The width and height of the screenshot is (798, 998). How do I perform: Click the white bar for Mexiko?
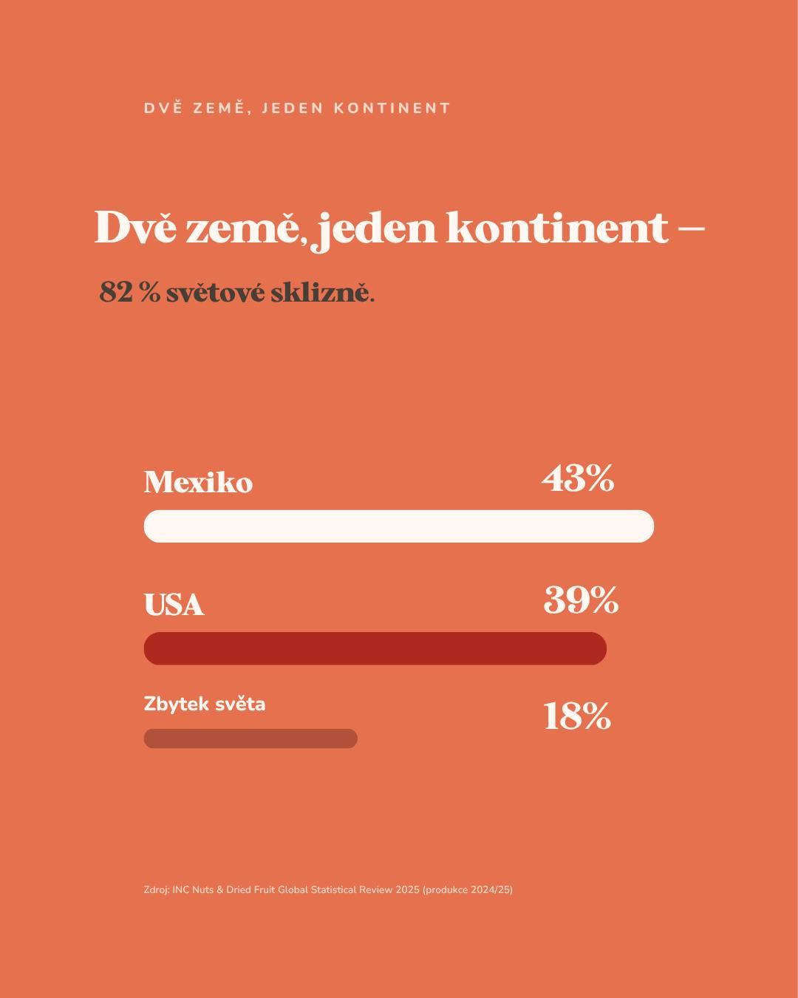click(x=399, y=526)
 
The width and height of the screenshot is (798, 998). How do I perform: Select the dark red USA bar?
click(x=375, y=648)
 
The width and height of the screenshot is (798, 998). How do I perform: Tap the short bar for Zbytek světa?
click(x=250, y=739)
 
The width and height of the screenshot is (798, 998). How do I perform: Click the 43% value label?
click(x=578, y=478)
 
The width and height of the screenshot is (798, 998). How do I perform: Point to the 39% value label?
click(x=581, y=600)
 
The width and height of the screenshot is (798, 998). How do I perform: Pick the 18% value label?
click(x=577, y=717)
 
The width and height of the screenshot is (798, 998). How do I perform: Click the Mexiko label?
click(x=199, y=482)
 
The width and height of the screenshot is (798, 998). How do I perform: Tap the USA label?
click(x=174, y=604)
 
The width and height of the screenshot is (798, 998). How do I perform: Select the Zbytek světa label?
click(x=205, y=704)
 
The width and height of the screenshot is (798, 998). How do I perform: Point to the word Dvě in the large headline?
click(x=135, y=227)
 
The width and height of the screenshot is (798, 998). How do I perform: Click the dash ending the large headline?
click(x=692, y=228)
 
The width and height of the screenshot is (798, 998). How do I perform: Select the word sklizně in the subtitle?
click(x=322, y=293)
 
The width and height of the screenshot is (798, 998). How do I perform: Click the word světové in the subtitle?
click(x=216, y=293)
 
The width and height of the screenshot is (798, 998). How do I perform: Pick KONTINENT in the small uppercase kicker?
click(x=392, y=108)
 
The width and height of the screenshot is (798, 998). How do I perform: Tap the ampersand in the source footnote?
click(x=219, y=890)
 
